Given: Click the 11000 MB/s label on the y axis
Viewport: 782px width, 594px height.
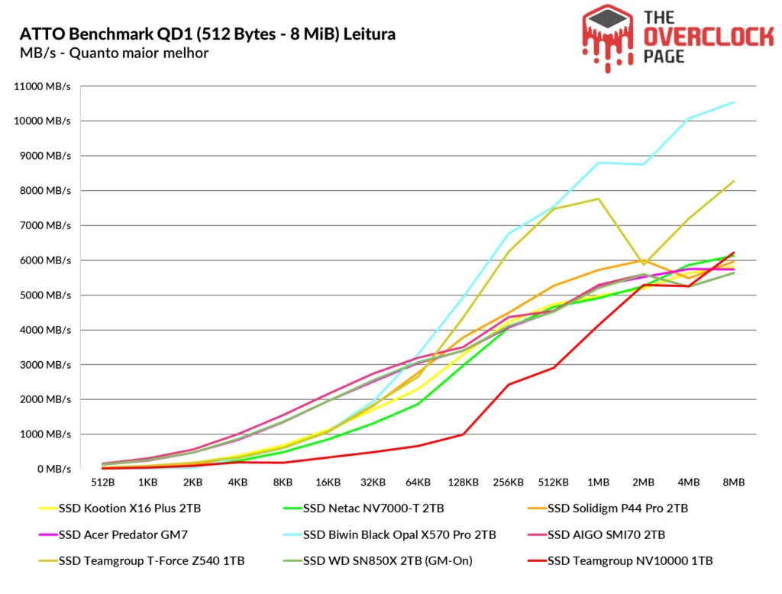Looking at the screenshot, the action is click(x=43, y=86).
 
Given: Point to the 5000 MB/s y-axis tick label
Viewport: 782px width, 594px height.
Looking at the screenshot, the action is click(x=45, y=295).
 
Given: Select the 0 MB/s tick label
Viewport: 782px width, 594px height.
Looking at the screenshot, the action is click(x=54, y=469).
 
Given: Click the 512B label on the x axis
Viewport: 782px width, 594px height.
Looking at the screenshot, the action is click(x=103, y=483).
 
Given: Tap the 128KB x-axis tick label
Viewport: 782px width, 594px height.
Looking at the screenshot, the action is click(x=464, y=483).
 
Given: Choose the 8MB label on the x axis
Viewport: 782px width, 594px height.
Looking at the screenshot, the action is click(x=734, y=483).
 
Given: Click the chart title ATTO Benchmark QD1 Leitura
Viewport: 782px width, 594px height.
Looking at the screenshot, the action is click(x=208, y=34).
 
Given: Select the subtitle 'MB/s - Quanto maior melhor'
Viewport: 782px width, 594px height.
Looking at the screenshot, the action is click(x=115, y=53).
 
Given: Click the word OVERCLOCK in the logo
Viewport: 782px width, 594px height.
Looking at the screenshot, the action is click(x=708, y=37).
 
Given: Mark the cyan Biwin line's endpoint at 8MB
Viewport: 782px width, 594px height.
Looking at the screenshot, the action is click(x=734, y=102).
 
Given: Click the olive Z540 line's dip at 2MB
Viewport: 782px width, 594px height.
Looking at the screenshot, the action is click(x=644, y=264).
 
